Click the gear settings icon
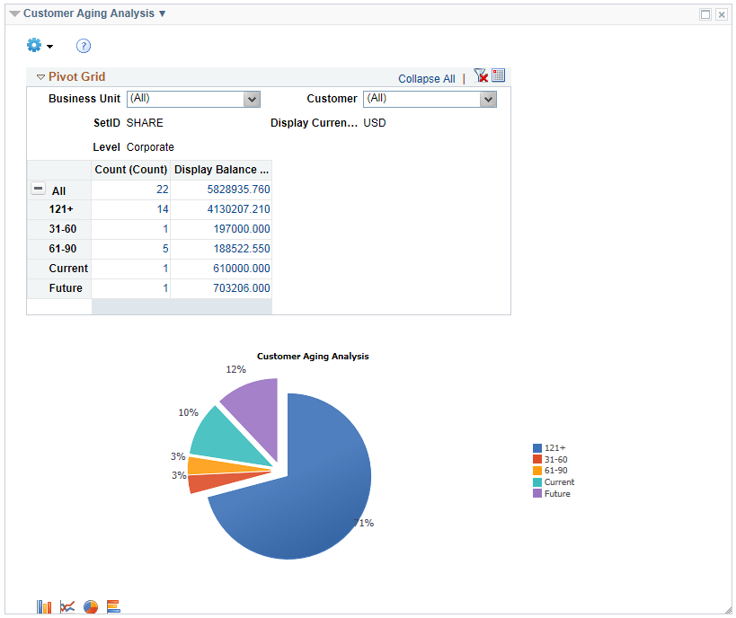(35, 45)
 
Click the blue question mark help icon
(84, 46)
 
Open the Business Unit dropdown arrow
(253, 99)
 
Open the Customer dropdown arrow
(488, 99)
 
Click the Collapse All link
(426, 79)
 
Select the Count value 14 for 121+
(162, 209)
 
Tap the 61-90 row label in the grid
(63, 249)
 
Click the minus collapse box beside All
(38, 190)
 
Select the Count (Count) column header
(131, 170)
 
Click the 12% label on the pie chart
(235, 369)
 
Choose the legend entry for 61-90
(555, 471)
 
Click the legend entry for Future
(556, 494)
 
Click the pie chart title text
(313, 357)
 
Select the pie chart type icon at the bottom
(91, 607)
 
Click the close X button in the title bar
(721, 14)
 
